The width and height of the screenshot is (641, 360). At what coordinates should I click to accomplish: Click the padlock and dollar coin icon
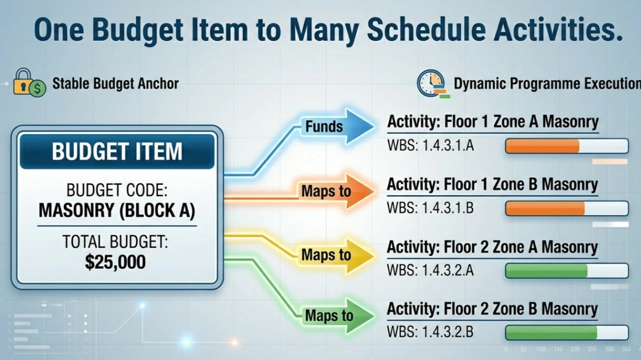pyautogui.click(x=29, y=82)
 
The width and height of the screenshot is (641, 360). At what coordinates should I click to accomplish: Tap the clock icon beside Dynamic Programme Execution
pyautogui.click(x=431, y=84)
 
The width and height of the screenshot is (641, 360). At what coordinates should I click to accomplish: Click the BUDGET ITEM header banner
pyautogui.click(x=117, y=152)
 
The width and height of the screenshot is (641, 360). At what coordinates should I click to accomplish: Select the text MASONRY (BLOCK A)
pyautogui.click(x=117, y=210)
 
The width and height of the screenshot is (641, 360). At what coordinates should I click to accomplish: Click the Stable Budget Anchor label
pyautogui.click(x=115, y=84)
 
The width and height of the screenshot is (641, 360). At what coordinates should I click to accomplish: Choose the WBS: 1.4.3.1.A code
pyautogui.click(x=430, y=146)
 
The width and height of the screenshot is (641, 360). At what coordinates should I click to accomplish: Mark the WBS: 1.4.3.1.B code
pyautogui.click(x=430, y=208)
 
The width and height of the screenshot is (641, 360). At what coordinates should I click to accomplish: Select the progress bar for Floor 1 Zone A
pyautogui.click(x=566, y=146)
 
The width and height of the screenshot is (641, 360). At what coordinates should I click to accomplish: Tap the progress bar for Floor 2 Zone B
pyautogui.click(x=566, y=333)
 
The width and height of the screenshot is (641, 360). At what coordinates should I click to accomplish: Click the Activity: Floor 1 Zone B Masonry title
pyautogui.click(x=492, y=185)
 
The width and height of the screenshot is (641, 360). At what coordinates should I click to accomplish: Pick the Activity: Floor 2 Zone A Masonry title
pyautogui.click(x=492, y=247)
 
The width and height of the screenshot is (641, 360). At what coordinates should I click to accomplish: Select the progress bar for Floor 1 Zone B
pyautogui.click(x=566, y=208)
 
